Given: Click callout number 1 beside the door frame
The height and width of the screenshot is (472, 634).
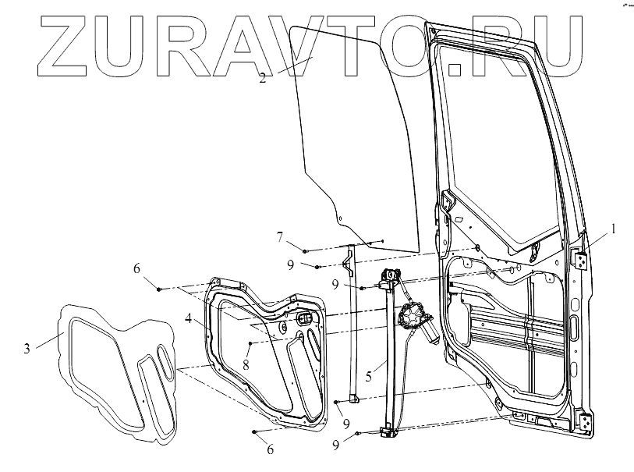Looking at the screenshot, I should [614, 229].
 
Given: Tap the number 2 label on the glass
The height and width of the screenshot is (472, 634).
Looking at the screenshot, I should [262, 77].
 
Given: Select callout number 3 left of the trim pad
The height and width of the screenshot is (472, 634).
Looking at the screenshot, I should [27, 348].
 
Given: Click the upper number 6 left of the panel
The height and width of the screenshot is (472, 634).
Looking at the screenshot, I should [136, 268].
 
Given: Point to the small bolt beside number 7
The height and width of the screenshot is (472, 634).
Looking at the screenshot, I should [305, 250].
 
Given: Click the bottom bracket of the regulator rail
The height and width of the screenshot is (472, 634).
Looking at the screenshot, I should [385, 430].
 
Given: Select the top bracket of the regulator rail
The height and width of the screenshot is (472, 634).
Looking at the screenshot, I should [388, 275].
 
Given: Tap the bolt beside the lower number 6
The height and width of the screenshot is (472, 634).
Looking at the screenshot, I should [255, 431].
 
